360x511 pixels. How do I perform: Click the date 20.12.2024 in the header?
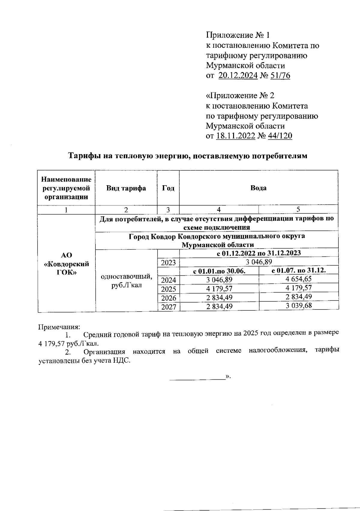coord(238,76)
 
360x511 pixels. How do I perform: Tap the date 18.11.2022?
coord(235,136)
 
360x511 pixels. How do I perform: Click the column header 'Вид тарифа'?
coord(126,188)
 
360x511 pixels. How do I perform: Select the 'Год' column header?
coord(168,188)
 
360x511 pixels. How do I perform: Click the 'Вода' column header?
coord(258,188)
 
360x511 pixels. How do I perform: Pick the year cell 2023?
coord(168,263)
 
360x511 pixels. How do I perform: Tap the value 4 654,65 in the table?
coord(298,279)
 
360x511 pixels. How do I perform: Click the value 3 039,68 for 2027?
coord(298,306)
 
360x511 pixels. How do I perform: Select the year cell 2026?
coord(168,298)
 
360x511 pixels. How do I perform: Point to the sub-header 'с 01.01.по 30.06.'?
coord(219,271)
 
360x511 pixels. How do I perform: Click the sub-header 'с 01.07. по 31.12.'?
coord(298,270)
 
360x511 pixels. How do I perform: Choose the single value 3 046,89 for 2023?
coord(259,262)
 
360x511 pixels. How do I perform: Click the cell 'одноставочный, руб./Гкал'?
coord(126,281)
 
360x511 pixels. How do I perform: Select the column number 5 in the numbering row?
coord(298,210)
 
